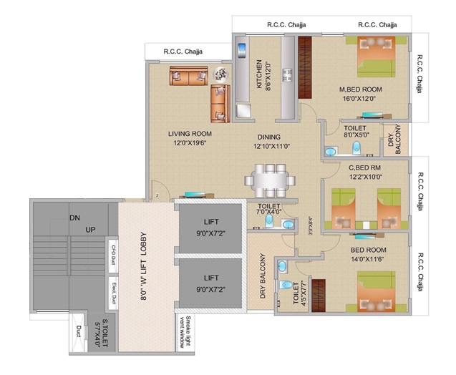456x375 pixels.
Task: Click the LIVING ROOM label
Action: tap(190, 133)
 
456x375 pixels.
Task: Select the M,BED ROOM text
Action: tap(361, 89)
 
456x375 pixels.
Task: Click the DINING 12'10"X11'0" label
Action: tap(271, 141)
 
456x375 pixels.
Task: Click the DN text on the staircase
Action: tap(74, 218)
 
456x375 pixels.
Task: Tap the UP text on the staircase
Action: tap(91, 230)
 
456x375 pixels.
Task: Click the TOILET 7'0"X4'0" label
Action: tap(269, 208)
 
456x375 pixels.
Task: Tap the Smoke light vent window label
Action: tap(185, 333)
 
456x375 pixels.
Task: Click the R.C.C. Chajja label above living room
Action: tap(183, 52)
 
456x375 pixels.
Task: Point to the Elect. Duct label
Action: tap(112, 291)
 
